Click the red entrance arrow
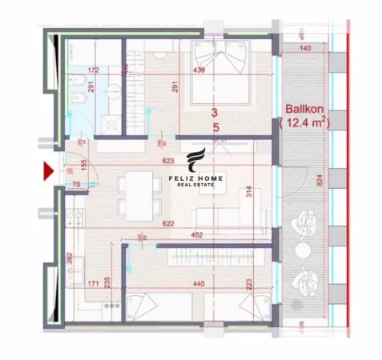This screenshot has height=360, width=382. [x=48, y=170]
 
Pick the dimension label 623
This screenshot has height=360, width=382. [x=167, y=160]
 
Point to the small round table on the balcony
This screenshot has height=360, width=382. [x=302, y=250]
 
